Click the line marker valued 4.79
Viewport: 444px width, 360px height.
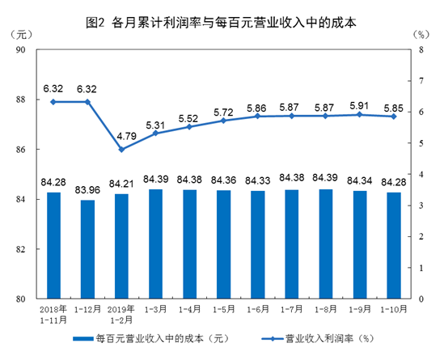[121, 149]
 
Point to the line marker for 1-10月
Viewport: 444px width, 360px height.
[394, 116]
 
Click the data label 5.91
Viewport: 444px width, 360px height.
[359, 104]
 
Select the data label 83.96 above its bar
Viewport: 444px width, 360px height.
[87, 190]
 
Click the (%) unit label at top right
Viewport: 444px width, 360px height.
[419, 34]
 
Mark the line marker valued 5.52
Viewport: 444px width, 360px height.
[189, 126]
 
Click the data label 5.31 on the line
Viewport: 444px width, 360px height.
[155, 124]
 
